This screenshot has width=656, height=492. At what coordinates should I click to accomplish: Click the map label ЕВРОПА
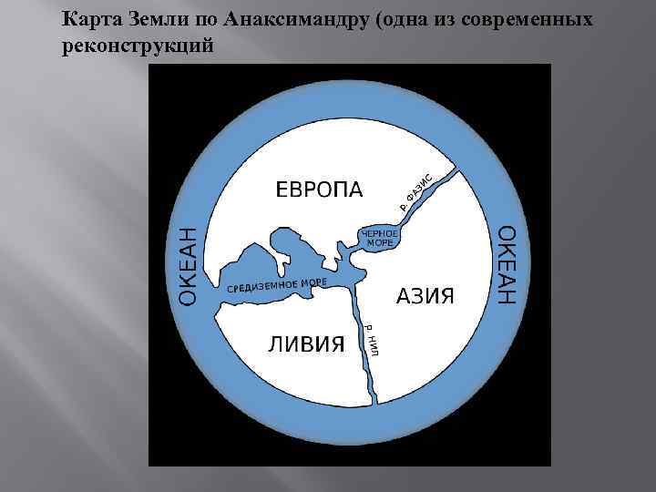[318, 190]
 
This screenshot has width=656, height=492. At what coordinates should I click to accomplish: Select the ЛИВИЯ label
[305, 343]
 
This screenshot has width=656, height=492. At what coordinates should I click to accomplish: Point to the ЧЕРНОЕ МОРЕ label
[381, 238]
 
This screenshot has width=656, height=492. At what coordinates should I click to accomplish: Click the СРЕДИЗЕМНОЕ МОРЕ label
[276, 285]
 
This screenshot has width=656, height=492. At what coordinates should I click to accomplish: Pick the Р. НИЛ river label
[374, 338]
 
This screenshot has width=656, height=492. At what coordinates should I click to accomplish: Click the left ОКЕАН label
[186, 266]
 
